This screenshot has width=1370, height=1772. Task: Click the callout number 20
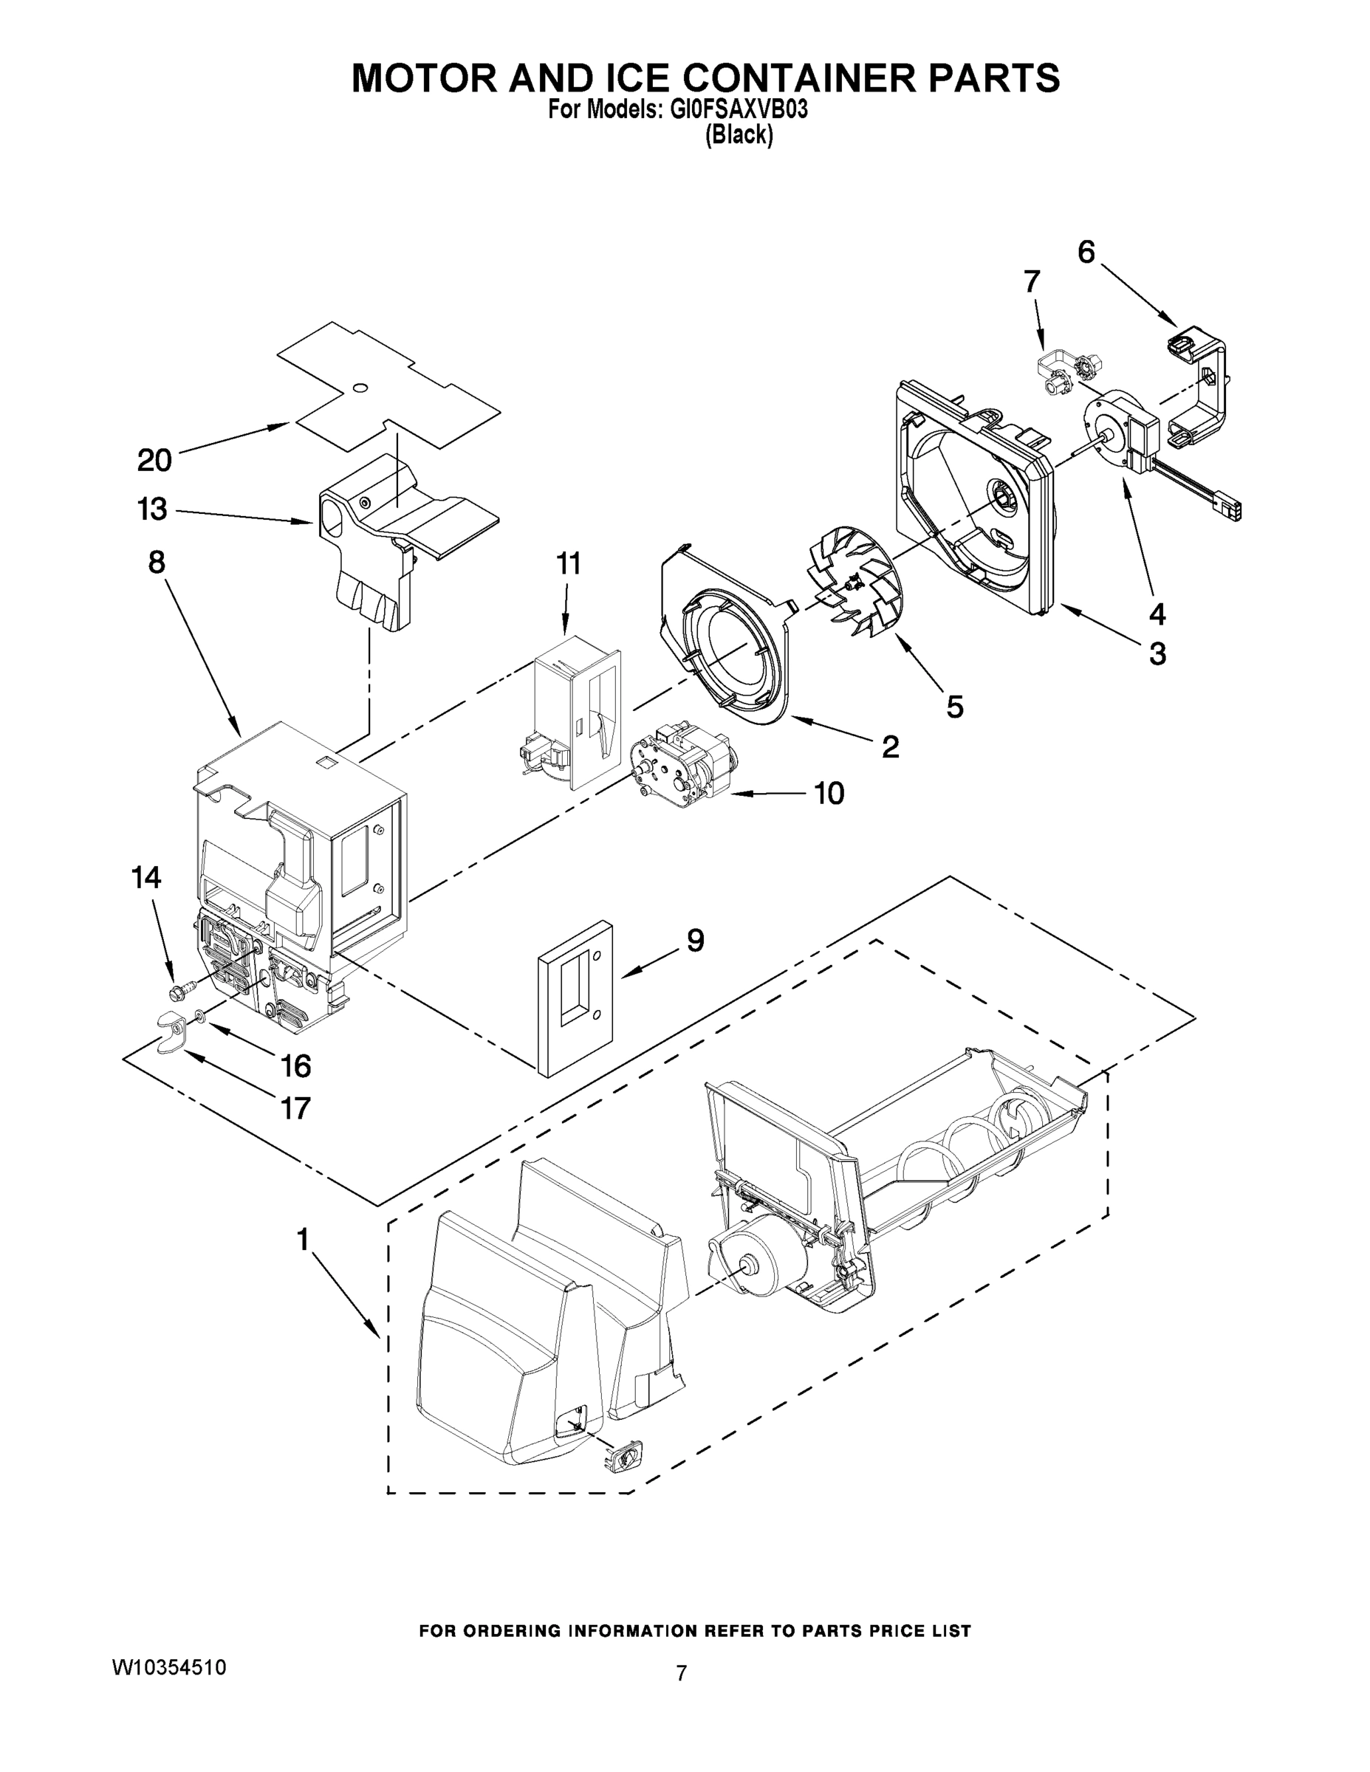(x=154, y=460)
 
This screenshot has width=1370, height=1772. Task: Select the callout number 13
(x=152, y=509)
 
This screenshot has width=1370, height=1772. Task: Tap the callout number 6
(x=1086, y=253)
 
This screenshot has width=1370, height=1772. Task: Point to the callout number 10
(x=829, y=794)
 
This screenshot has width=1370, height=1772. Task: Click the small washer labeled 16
(x=199, y=1015)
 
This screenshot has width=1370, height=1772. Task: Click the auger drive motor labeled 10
(x=680, y=766)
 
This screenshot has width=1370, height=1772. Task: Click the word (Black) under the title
(x=738, y=134)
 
